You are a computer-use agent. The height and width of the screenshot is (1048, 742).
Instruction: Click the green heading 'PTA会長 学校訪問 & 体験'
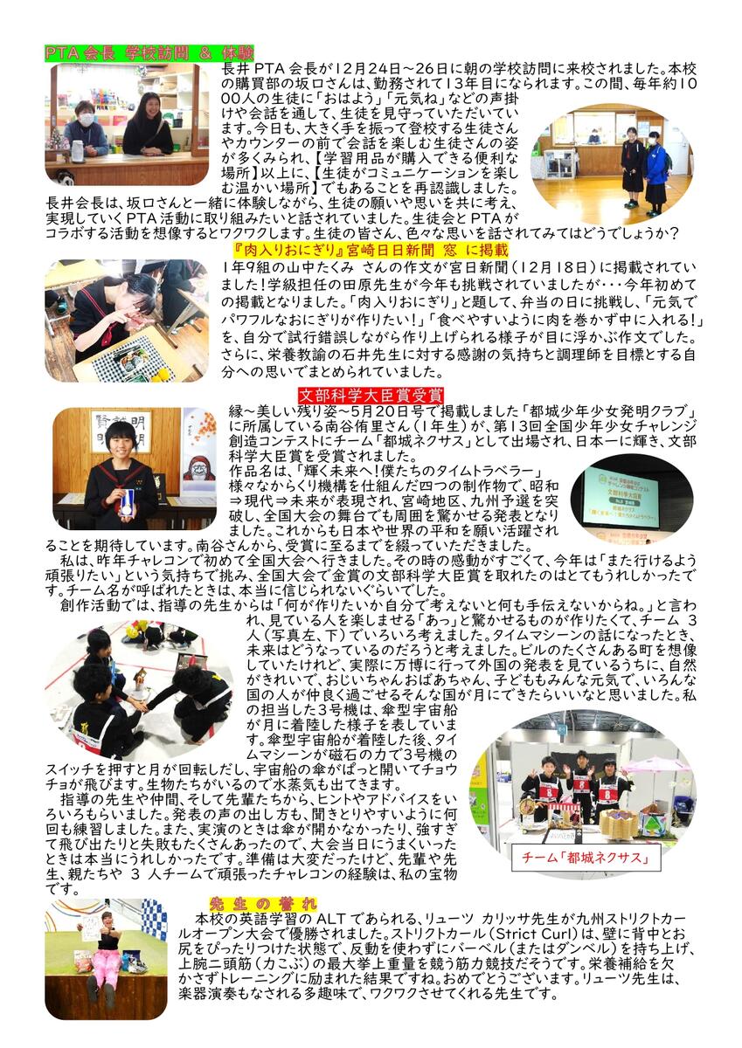tap(149, 53)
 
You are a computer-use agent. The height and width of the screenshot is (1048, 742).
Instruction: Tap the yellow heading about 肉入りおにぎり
tap(371, 251)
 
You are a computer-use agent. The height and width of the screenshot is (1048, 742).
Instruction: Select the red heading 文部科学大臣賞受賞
tap(371, 396)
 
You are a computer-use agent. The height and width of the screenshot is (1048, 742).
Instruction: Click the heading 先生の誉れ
tap(263, 903)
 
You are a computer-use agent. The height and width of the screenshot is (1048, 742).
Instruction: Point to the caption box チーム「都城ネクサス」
tap(586, 857)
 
